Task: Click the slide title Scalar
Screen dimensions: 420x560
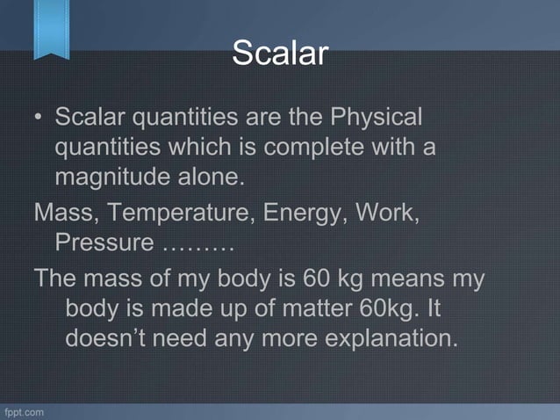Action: click(279, 54)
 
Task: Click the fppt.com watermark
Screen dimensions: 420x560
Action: click(24, 411)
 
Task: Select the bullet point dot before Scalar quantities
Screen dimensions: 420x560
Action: click(39, 117)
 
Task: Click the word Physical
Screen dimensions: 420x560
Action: click(376, 117)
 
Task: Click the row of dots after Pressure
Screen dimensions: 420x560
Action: click(198, 243)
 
